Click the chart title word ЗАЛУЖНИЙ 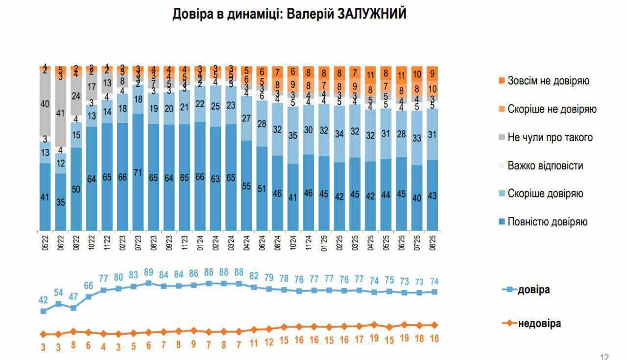pyautogui.click(x=372, y=14)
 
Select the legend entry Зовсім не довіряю pyautogui.click(x=548, y=81)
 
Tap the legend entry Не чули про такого pyautogui.click(x=550, y=137)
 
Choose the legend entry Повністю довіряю pyautogui.click(x=548, y=222)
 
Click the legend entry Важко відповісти pyautogui.click(x=545, y=166)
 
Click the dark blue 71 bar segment pyautogui.click(x=138, y=171)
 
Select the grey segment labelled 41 pyautogui.click(x=61, y=113)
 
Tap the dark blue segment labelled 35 pyautogui.click(x=61, y=202)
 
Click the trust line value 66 pyautogui.click(x=89, y=286)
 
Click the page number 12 pyautogui.click(x=604, y=357)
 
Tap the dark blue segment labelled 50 pyautogui.click(x=76, y=189)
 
